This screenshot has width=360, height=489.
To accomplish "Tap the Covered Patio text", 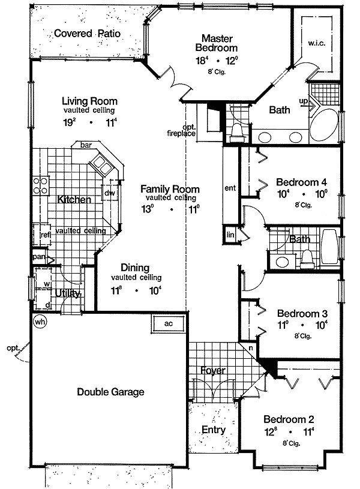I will [87, 34].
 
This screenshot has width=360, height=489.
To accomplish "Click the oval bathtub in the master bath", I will [324, 124].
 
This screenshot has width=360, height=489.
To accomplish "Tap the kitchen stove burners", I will [40, 185].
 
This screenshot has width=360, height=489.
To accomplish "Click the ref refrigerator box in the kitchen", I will [44, 235].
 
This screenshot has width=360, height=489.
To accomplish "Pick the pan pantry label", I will [39, 257].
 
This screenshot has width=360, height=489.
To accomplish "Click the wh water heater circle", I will [40, 322].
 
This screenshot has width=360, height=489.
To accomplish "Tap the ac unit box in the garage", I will [169, 323].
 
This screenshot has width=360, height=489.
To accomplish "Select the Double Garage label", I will [110, 392].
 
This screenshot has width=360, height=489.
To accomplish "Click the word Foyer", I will [212, 370].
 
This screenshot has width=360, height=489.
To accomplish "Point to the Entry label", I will [213, 430].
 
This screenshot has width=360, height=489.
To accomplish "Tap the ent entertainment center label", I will [230, 188].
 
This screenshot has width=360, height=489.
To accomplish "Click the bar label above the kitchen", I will [85, 145].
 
